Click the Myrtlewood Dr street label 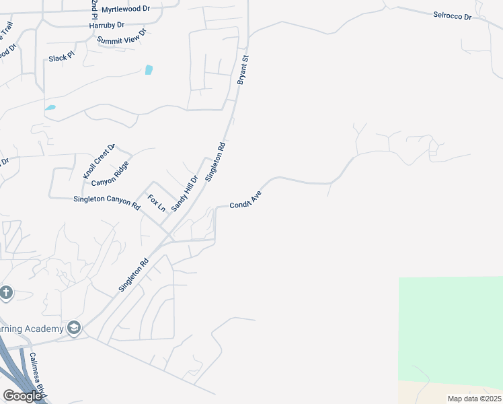point(126,9)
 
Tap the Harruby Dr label point(107,25)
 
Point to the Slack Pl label point(61,58)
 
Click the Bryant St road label point(243,70)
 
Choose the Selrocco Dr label point(452,15)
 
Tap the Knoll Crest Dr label point(100,162)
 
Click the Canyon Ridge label point(110,174)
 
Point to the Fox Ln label point(157,203)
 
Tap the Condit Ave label point(245,201)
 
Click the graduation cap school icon point(73,328)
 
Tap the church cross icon point(6,293)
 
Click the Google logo point(22,396)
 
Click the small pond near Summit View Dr point(149,69)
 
